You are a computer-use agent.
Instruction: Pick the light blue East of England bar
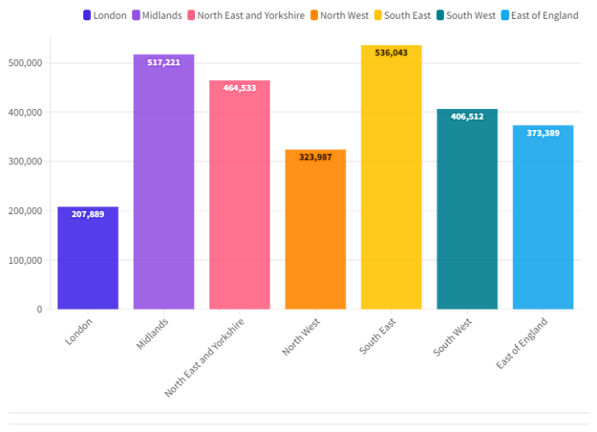tap(543, 217)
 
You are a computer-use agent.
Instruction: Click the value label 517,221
tap(163, 62)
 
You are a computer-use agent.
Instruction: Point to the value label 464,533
tap(239, 88)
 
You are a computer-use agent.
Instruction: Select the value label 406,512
tap(466, 117)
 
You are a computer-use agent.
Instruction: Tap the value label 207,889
tap(88, 214)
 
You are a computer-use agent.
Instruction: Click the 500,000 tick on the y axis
tap(26, 63)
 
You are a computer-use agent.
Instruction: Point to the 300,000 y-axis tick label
tap(26, 162)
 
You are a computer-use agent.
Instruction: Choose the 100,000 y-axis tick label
tap(26, 260)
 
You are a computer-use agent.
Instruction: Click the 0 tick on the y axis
tap(38, 310)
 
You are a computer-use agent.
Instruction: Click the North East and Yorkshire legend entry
tap(245, 16)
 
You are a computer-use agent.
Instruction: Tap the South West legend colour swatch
tap(440, 16)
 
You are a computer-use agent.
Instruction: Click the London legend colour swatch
tap(87, 16)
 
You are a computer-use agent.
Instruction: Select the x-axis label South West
tap(452, 337)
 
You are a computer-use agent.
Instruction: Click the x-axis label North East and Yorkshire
tap(204, 357)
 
